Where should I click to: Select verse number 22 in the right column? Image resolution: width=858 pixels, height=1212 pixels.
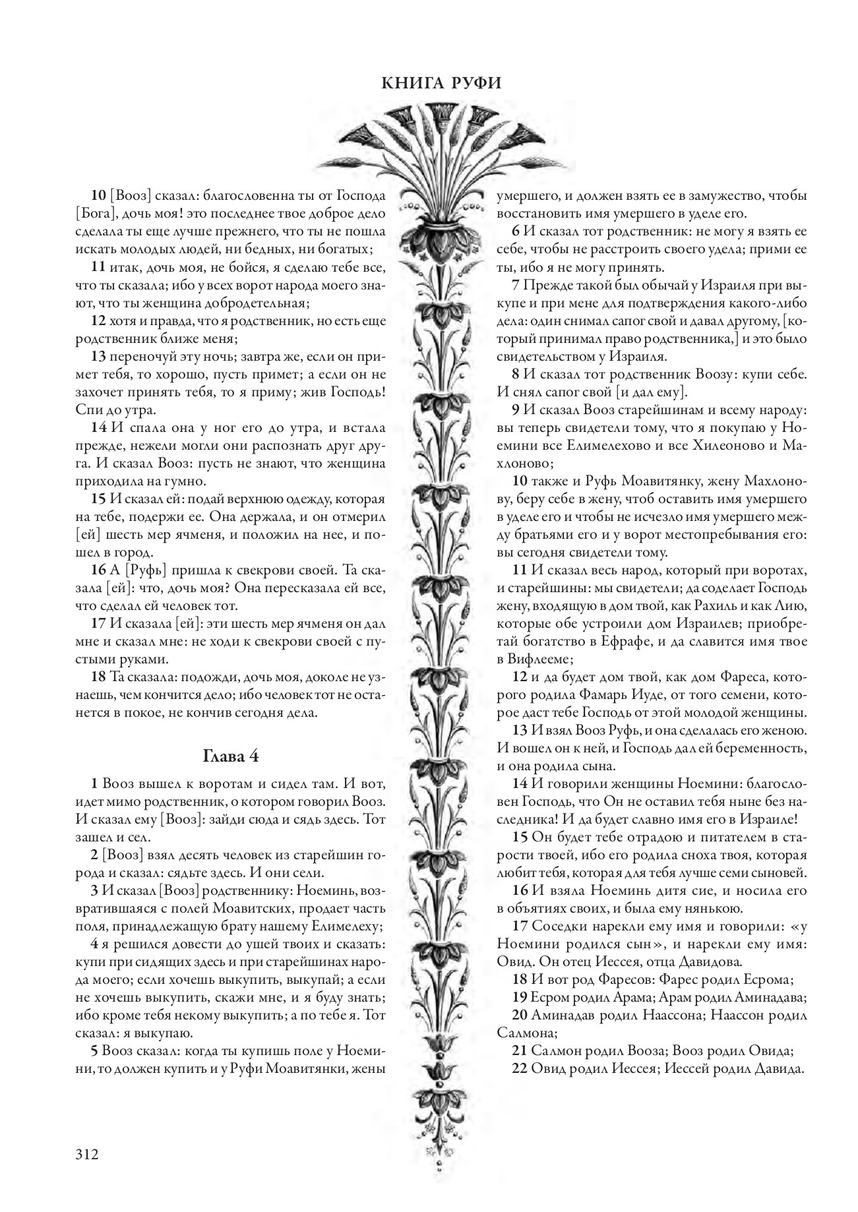[x=519, y=1069]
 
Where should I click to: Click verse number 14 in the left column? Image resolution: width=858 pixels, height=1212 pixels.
[x=98, y=426]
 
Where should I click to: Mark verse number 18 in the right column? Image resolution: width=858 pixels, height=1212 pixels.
[x=519, y=979]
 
